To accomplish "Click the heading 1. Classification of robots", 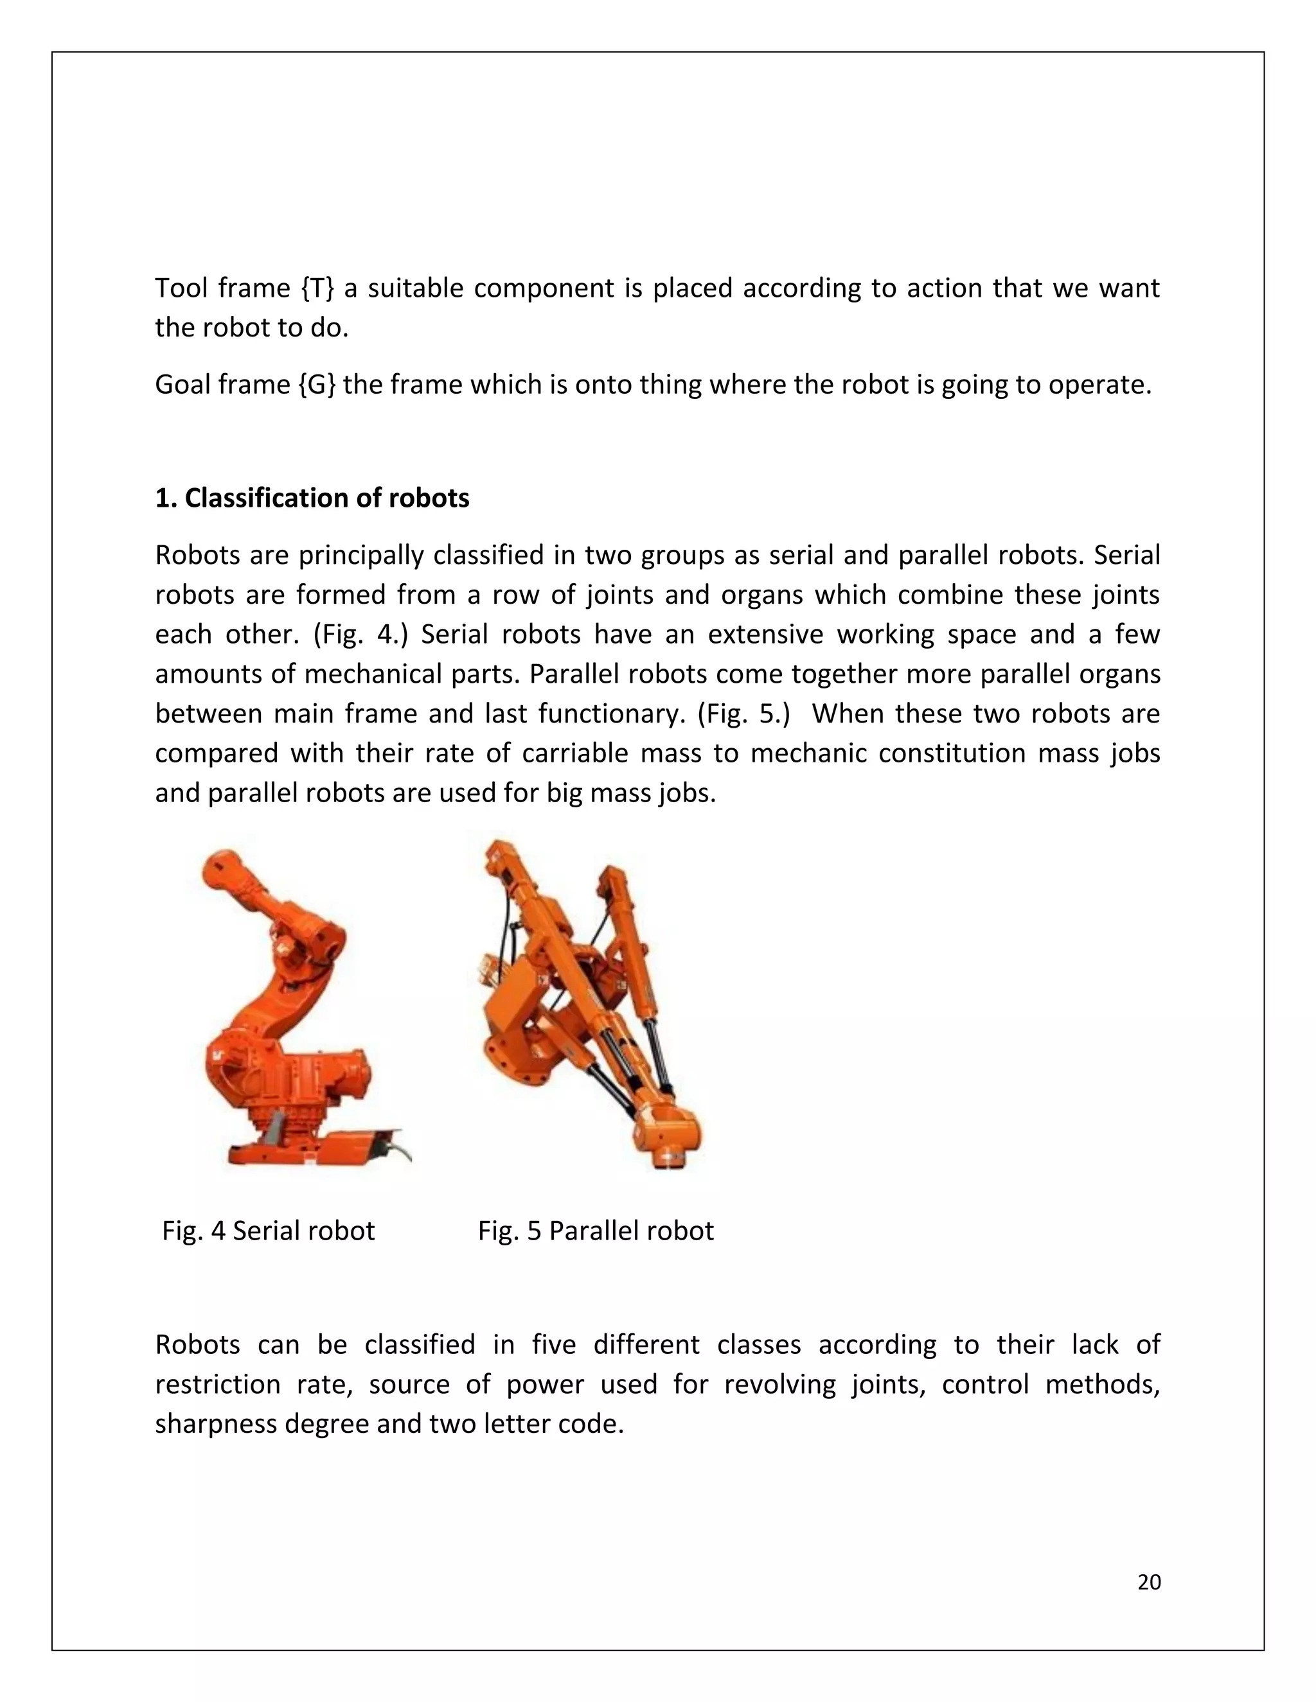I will tap(312, 498).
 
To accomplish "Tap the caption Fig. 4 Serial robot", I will tap(268, 1231).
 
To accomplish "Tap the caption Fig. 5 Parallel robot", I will tap(596, 1231).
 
